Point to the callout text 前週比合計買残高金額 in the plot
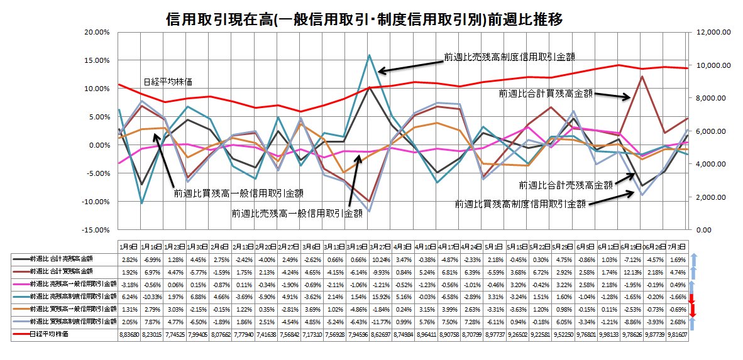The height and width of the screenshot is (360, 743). (x=546, y=93)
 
